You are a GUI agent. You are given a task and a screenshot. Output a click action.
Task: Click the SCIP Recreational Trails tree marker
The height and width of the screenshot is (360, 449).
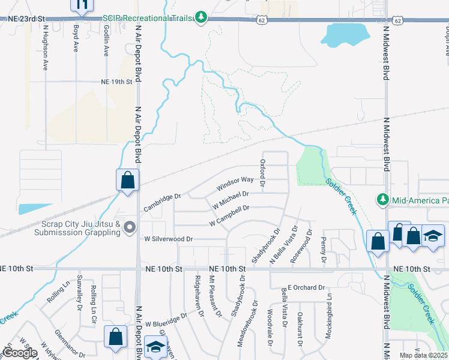[x=202, y=18]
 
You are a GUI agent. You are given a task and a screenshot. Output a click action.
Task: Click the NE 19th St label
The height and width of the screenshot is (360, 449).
[x=116, y=82]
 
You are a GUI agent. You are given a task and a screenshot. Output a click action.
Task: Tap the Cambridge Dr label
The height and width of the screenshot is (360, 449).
[x=162, y=203]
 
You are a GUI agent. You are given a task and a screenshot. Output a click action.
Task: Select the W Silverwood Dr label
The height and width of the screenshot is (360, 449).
[x=168, y=239]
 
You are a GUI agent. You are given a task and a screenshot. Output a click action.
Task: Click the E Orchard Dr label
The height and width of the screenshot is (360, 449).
[x=306, y=287]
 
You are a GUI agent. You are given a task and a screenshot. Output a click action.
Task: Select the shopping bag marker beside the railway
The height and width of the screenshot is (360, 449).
[x=128, y=180]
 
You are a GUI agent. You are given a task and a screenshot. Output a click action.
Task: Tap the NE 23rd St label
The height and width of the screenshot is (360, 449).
[x=26, y=19]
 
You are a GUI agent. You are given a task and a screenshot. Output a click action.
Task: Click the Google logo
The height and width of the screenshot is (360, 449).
[x=20, y=353]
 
